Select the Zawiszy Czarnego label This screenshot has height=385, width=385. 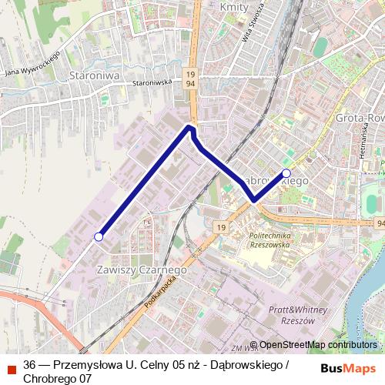[x=139, y=270]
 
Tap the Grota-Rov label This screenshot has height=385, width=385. [x=360, y=118]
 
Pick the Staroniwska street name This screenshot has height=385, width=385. [x=150, y=82]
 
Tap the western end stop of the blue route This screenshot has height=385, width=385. [x=98, y=236]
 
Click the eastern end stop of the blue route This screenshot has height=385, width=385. [x=286, y=173]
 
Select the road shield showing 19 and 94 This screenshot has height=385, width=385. [x=191, y=79]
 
